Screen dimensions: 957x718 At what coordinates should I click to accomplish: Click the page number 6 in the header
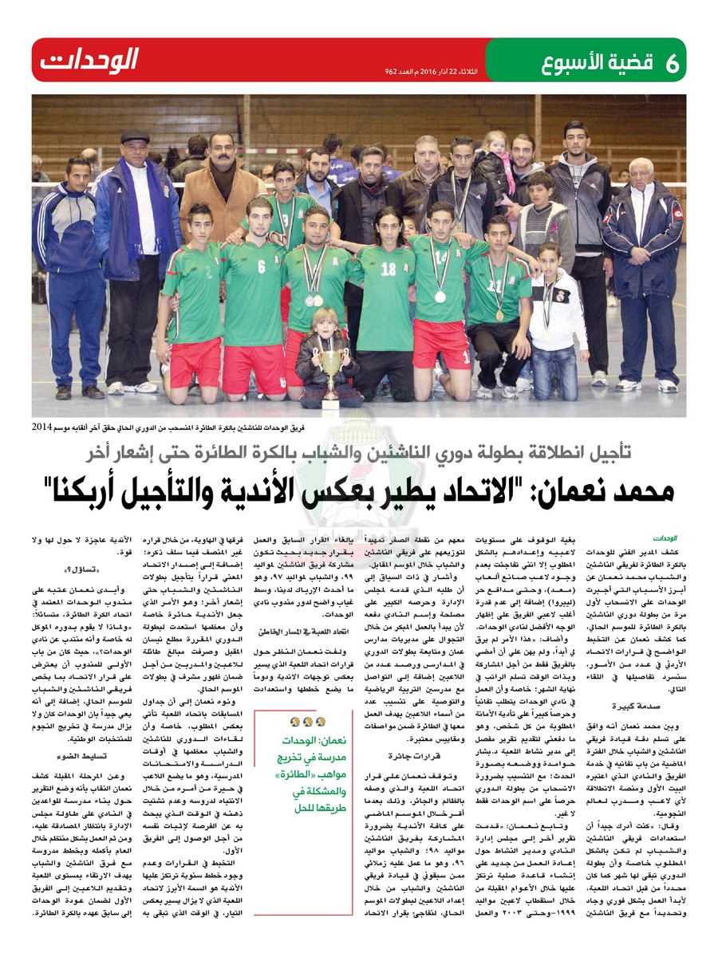[671, 61]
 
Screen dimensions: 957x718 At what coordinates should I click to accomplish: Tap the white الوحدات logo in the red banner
[90, 60]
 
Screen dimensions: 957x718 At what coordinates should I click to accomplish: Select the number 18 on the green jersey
[388, 270]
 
